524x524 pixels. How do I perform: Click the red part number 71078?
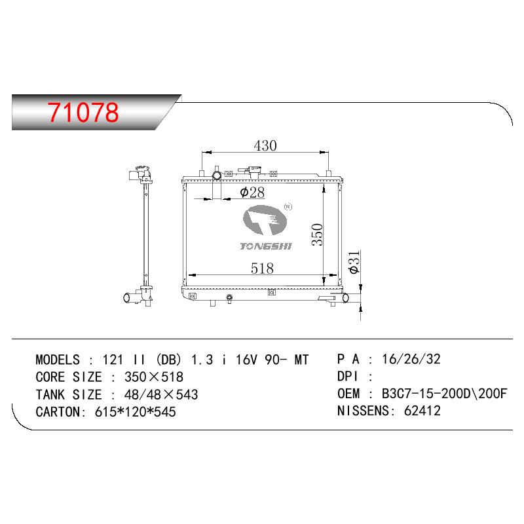click(83, 112)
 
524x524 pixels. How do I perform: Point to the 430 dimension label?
click(265, 145)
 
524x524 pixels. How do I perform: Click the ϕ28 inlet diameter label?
click(252, 193)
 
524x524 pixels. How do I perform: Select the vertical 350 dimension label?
click(317, 234)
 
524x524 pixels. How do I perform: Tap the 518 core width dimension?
click(263, 269)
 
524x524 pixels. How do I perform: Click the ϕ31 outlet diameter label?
click(354, 262)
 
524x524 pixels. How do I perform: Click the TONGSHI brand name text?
click(266, 246)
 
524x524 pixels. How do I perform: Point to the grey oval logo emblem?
click(265, 221)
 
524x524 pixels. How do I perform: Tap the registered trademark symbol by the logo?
click(288, 207)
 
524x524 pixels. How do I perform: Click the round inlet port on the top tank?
click(217, 175)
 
